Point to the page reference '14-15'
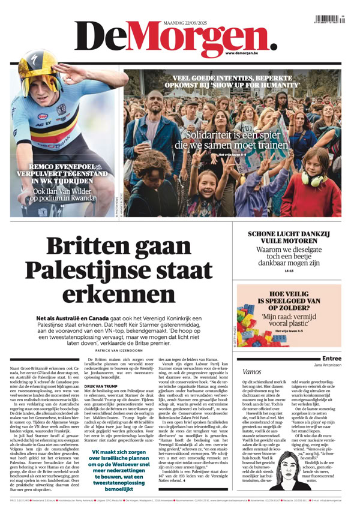289,270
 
